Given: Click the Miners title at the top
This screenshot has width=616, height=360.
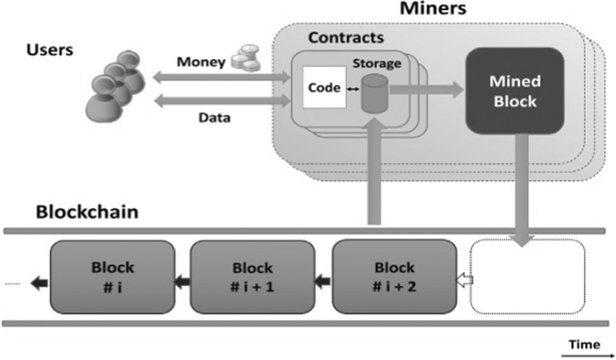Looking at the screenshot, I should (x=433, y=9).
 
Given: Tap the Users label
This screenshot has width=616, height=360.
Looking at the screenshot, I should (x=50, y=51).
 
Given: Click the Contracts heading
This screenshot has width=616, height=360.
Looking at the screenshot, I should (x=346, y=38).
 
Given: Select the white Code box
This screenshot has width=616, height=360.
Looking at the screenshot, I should (x=323, y=88).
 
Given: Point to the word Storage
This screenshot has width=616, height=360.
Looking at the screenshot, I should (x=377, y=64).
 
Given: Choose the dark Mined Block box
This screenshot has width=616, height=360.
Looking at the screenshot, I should (x=515, y=91).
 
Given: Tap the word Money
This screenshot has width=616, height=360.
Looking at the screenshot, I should (x=201, y=62).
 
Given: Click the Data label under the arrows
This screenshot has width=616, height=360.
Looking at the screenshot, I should (x=214, y=118).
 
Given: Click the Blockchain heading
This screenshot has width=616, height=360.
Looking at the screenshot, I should (x=87, y=212).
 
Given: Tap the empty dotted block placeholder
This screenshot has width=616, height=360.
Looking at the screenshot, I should (x=527, y=277).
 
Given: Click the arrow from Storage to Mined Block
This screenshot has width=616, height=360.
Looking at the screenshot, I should (x=426, y=90).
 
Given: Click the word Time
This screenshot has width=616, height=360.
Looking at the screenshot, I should (x=584, y=344).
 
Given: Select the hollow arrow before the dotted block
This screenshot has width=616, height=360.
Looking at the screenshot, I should (x=465, y=281).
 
